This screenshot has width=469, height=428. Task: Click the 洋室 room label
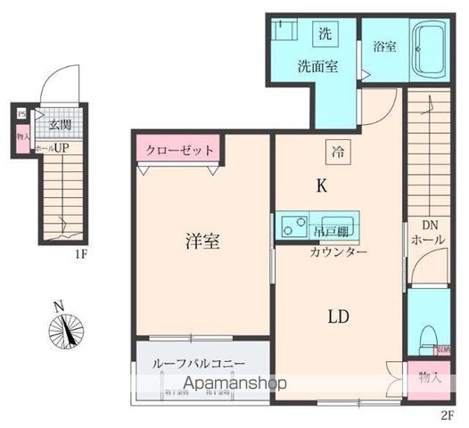click(203, 240)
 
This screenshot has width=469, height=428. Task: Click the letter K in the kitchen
click(320, 186)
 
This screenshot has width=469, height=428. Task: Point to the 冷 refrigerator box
click(338, 152)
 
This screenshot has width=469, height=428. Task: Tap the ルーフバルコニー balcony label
click(202, 365)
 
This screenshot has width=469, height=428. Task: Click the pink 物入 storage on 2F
click(429, 376)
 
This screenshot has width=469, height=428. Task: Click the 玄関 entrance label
click(61, 125)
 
